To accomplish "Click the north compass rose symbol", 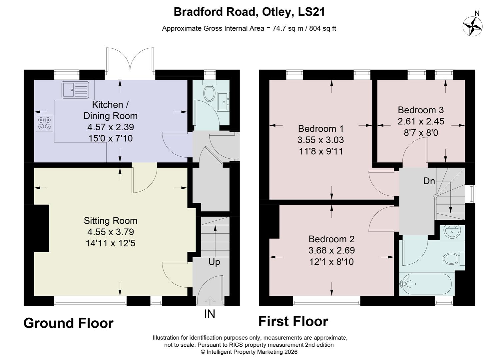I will pyautogui.click(x=473, y=26).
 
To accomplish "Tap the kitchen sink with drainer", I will pyautogui.click(x=75, y=89).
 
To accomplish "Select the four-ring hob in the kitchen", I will pyautogui.click(x=45, y=123).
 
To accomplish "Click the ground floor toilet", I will pyautogui.click(x=209, y=92).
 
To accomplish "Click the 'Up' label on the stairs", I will pyautogui.click(x=214, y=262).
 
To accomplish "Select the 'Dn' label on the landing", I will pyautogui.click(x=429, y=181).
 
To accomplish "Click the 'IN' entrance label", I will pyautogui.click(x=210, y=314).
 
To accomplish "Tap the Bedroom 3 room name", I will pyautogui.click(x=421, y=110).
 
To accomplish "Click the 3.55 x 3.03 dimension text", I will pyautogui.click(x=320, y=140).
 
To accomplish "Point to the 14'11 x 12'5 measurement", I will pyautogui.click(x=111, y=243).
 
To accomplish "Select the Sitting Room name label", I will pyautogui.click(x=111, y=221).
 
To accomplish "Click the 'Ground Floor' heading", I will pyautogui.click(x=68, y=323).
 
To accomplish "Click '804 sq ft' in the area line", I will pyautogui.click(x=322, y=28).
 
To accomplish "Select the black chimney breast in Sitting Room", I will pyautogui.click(x=41, y=230).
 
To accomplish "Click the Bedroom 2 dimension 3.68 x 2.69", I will pyautogui.click(x=331, y=250).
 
